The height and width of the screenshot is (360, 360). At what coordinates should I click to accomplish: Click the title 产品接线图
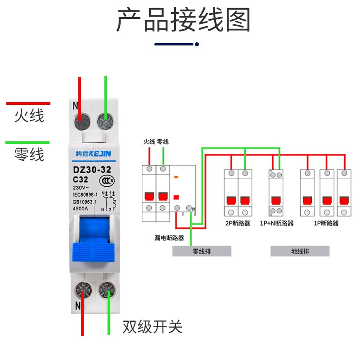[184, 19]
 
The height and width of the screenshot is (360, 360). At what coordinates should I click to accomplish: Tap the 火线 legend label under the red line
[29, 116]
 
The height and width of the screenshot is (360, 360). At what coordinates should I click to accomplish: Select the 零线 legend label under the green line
[29, 154]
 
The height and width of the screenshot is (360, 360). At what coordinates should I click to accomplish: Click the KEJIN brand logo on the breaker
[94, 153]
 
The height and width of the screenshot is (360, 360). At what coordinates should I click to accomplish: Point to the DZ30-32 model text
[92, 170]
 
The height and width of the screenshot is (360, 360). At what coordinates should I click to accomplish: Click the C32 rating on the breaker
[81, 180]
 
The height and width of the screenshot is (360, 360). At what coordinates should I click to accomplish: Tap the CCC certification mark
[107, 181]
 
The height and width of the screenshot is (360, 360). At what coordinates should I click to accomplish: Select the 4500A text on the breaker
[81, 208]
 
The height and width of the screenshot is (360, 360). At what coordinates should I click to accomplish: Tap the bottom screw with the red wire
[83, 290]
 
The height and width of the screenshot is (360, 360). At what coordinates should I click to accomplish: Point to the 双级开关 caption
[153, 327]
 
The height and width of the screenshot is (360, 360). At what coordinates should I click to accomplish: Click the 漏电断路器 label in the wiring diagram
[169, 238]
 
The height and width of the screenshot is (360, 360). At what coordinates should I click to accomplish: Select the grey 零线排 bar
[202, 251]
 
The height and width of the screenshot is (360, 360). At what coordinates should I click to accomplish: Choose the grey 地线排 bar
[300, 251]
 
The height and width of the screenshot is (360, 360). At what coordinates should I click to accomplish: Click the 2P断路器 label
[238, 223]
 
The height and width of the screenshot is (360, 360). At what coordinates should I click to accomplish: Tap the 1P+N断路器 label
[277, 223]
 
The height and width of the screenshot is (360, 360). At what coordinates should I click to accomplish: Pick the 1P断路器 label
[326, 223]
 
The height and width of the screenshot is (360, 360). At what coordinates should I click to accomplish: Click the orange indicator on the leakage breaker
[176, 177]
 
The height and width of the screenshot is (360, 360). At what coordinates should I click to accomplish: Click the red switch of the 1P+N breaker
[276, 200]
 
